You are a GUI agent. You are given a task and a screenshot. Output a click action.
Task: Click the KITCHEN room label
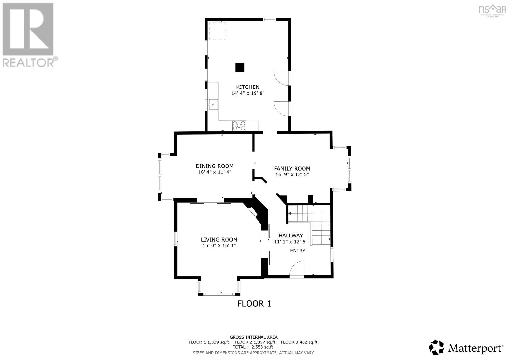[248, 87]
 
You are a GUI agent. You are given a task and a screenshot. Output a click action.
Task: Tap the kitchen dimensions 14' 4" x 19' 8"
[248, 93]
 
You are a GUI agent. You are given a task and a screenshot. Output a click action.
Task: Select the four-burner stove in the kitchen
[239, 125]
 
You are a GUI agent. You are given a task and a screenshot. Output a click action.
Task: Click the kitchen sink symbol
[213, 104]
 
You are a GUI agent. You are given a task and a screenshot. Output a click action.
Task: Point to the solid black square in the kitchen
[240, 67]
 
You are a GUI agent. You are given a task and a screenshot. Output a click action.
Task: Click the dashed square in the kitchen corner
[217, 31]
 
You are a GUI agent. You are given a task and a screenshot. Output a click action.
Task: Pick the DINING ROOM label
[214, 166]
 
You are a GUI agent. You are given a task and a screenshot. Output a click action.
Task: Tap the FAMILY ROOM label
[292, 169]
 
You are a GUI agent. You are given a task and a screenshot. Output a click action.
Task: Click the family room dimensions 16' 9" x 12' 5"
[292, 175]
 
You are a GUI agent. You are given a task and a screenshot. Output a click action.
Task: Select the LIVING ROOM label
[219, 240]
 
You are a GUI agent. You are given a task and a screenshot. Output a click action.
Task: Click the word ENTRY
[297, 251]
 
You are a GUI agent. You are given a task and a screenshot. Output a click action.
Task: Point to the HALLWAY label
[290, 236]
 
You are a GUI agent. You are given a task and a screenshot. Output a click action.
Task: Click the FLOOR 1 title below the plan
[254, 304]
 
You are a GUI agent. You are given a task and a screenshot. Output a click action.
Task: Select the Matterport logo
[466, 347]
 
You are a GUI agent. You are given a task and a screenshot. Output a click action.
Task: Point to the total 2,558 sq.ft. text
[254, 347]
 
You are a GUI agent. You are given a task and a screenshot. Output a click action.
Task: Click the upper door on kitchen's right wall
[282, 78]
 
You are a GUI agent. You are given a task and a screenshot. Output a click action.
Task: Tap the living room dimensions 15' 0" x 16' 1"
[219, 246]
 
